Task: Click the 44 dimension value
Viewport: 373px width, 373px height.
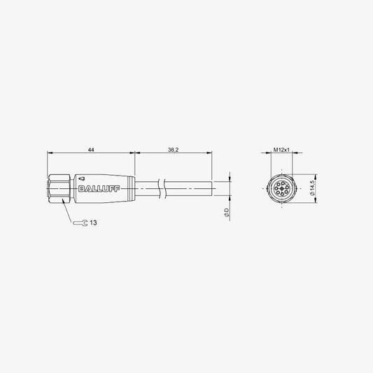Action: point(91,150)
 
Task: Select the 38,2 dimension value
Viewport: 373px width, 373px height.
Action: point(173,150)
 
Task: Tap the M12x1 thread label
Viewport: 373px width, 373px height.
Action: point(281,150)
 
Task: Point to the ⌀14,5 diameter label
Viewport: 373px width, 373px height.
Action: point(312,188)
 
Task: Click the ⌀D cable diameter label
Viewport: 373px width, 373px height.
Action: point(227,212)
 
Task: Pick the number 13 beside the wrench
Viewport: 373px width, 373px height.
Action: point(93,223)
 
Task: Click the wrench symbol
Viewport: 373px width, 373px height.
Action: point(80,223)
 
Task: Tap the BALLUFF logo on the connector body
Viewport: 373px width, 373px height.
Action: point(99,189)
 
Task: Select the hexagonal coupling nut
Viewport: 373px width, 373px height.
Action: point(59,189)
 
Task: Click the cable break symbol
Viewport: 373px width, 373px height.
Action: point(162,189)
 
